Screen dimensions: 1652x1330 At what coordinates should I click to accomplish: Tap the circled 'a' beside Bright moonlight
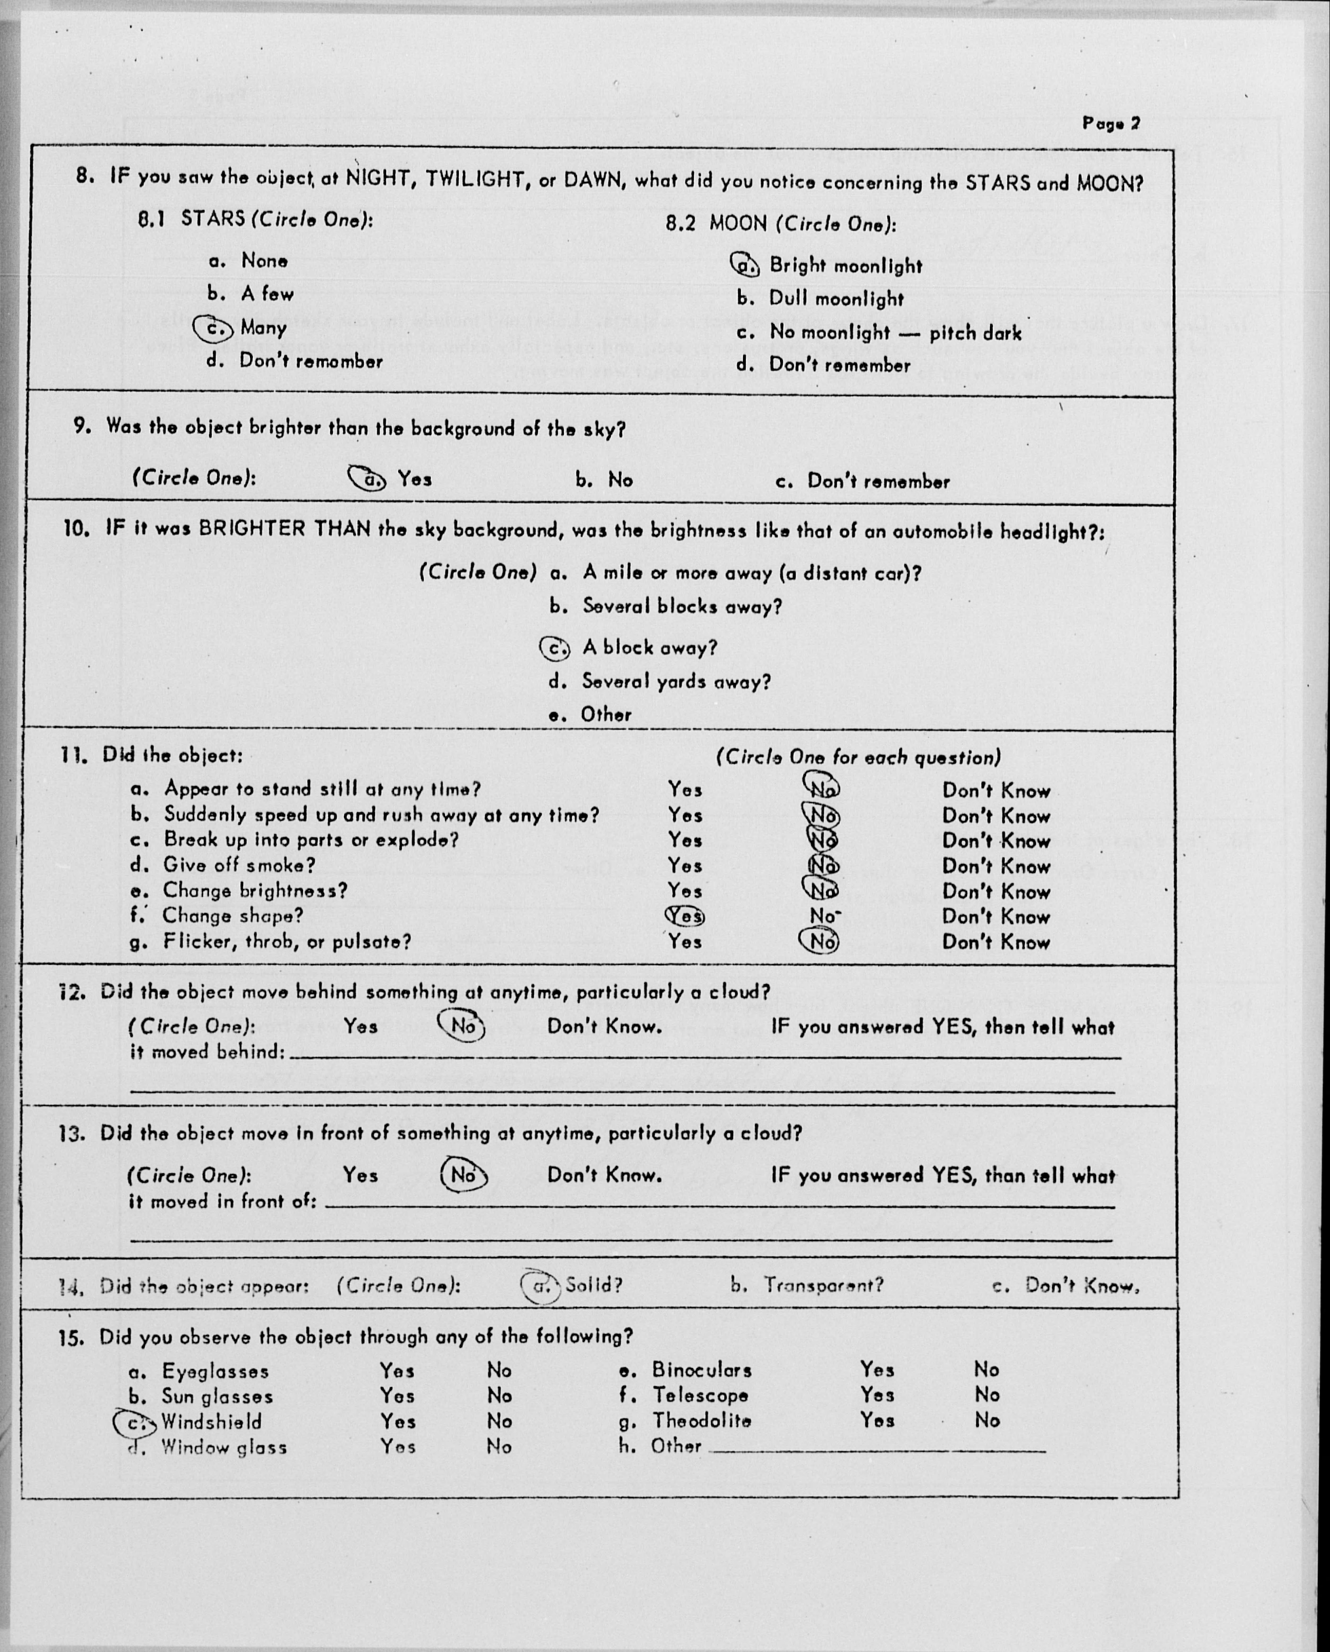745,265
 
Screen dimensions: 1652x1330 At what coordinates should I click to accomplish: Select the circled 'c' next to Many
214,329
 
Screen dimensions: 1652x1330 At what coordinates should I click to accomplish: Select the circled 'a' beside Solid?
541,1286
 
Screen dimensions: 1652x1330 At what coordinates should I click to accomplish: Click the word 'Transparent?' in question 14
823,1285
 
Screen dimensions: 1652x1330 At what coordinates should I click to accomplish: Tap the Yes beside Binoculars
876,1369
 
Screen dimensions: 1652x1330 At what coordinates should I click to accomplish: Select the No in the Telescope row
987,1394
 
